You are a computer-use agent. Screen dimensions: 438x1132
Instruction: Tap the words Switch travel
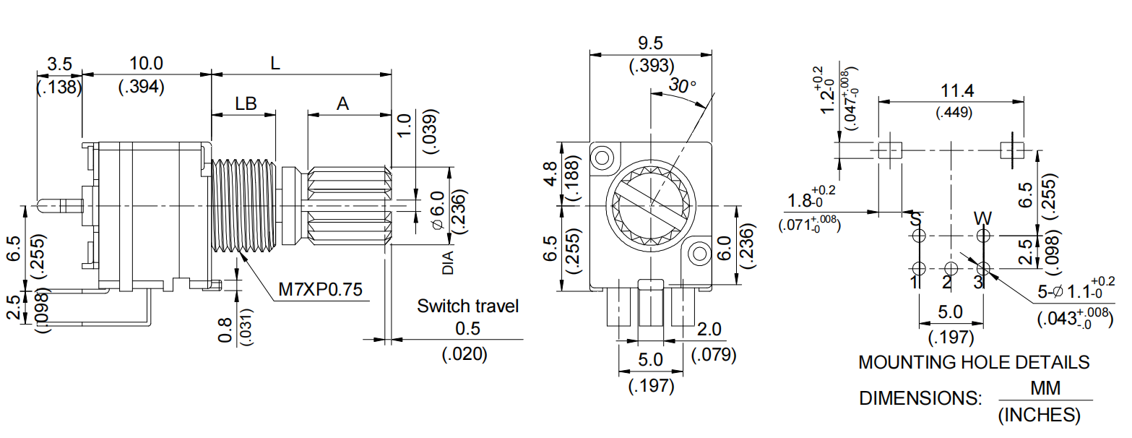pos(467,306)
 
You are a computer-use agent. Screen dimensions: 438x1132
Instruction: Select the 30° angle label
pos(682,85)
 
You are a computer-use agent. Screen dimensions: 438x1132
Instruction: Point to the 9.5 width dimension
pos(650,43)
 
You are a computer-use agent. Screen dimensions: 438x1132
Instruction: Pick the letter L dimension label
pos(275,64)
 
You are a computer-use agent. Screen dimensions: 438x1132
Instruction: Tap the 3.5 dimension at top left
pos(59,64)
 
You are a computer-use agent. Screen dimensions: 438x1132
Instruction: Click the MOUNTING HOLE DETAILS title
pos(973,362)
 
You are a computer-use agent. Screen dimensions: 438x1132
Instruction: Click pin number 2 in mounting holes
pos(947,282)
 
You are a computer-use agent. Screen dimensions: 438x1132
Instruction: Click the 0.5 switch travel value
pos(467,329)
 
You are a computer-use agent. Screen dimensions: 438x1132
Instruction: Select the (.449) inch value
pos(954,113)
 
